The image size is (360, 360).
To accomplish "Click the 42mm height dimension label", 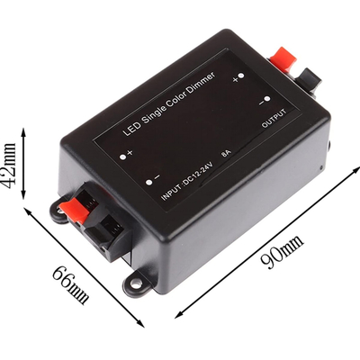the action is coord(10,165).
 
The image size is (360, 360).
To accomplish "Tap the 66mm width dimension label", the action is coord(71,284).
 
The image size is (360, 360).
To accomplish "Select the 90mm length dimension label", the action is coord(282,252).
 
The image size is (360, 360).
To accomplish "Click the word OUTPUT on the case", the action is coord(274,118).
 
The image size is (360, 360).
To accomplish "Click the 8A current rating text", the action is coord(226,154).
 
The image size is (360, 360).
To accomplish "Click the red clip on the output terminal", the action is coord(283,58).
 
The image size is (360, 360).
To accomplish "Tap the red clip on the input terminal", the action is coord(75,211).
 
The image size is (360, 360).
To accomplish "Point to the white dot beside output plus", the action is coord(242,76).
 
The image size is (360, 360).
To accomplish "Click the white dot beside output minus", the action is coord(267,99).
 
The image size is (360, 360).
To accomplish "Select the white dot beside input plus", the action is coord(122,157).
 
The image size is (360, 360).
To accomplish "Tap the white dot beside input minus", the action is coord(148,182).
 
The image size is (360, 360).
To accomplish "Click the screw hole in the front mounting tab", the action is coord(136,283).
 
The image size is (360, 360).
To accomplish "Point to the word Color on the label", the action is coord(178,98).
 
